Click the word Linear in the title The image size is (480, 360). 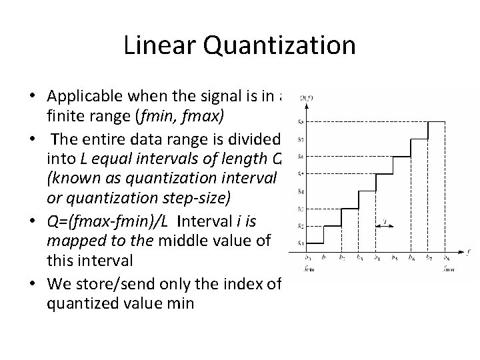click(x=158, y=45)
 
